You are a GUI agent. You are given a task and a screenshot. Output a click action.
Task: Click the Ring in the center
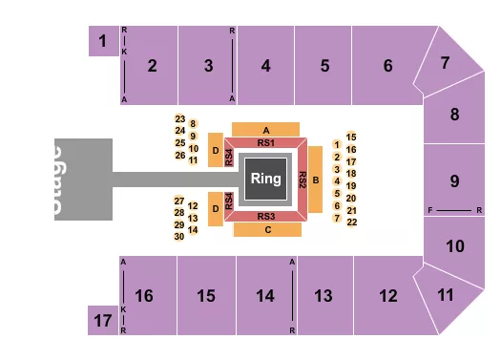click(265, 178)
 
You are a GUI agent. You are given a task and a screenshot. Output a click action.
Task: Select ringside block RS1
click(266, 142)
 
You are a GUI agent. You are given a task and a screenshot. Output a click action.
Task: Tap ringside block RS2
click(302, 178)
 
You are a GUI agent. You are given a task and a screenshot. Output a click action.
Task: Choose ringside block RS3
click(266, 217)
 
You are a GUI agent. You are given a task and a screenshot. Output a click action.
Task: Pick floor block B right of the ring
click(315, 178)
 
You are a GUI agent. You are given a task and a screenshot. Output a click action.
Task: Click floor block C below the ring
click(267, 230)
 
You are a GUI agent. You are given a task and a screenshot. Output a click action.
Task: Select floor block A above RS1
click(266, 129)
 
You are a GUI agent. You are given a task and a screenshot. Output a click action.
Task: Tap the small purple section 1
click(100, 41)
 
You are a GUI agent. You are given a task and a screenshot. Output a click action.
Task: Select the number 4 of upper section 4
click(266, 66)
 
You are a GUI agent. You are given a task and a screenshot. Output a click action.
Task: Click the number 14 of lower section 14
click(266, 295)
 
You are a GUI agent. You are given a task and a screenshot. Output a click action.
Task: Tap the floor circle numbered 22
click(352, 222)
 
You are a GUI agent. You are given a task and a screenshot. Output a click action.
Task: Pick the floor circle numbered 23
click(179, 118)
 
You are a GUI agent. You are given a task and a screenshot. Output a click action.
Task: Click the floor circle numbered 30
click(179, 236)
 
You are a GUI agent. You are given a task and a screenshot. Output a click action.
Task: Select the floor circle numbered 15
click(352, 137)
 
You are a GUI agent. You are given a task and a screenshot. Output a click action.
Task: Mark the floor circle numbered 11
click(193, 159)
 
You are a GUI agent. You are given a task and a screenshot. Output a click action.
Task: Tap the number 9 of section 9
click(455, 180)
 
